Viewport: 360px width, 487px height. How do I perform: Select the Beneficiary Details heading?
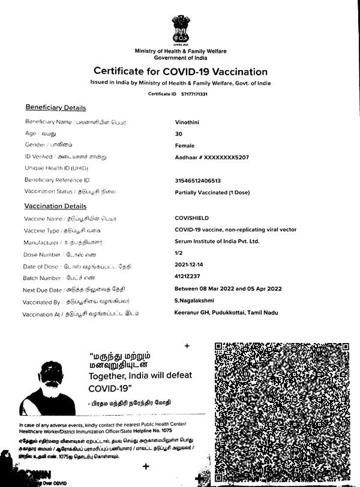tap(55, 108)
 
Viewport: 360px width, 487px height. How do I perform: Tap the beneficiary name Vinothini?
tap(188, 122)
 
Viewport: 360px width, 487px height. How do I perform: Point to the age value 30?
tap(178, 134)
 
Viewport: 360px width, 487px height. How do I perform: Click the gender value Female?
tap(184, 145)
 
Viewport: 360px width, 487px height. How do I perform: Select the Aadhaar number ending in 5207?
tap(211, 157)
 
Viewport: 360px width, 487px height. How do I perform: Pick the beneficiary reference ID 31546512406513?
tap(197, 181)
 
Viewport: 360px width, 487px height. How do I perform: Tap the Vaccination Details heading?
tap(55, 206)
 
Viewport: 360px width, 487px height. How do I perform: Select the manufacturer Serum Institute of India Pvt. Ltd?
tap(217, 241)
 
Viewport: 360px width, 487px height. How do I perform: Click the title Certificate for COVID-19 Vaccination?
tap(180, 72)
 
